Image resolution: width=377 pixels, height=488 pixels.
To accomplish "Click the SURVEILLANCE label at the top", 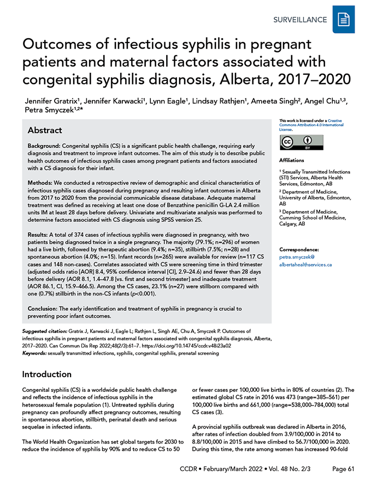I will (301, 20).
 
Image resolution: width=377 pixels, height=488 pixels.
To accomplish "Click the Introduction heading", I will (46, 374).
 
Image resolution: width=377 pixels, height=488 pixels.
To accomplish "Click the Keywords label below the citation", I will (34, 354).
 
